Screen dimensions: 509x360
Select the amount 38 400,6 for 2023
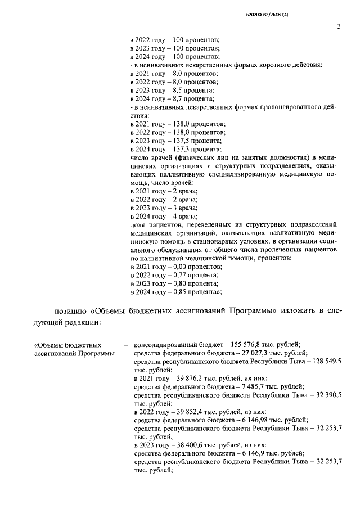point(184,444)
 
